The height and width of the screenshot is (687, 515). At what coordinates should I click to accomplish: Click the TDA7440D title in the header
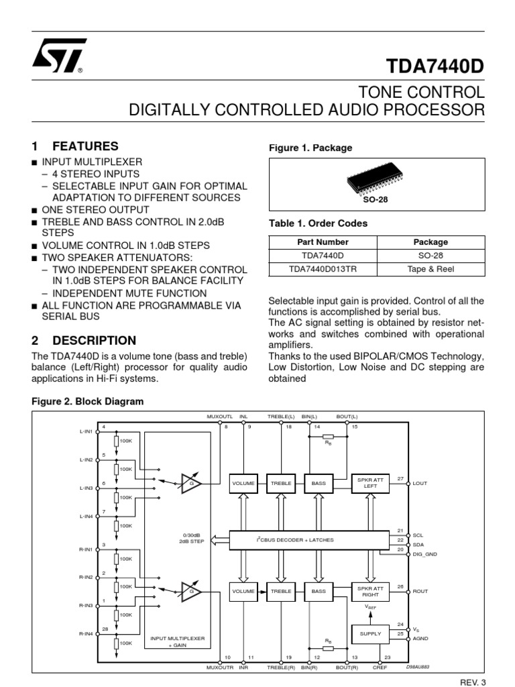click(x=435, y=65)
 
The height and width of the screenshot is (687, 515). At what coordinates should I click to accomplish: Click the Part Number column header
click(x=322, y=242)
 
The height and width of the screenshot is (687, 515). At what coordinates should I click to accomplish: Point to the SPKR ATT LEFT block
click(x=371, y=483)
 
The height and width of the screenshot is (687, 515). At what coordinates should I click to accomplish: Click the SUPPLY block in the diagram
click(x=371, y=633)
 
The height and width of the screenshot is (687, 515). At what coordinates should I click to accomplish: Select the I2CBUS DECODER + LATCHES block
click(x=310, y=539)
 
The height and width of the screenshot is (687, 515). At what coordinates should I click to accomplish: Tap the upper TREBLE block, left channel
click(x=281, y=483)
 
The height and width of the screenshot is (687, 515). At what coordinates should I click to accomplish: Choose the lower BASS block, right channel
click(x=319, y=591)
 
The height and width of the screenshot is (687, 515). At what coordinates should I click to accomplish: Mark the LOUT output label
click(x=420, y=483)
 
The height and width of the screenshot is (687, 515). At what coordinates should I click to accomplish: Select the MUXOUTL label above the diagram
click(x=219, y=417)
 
